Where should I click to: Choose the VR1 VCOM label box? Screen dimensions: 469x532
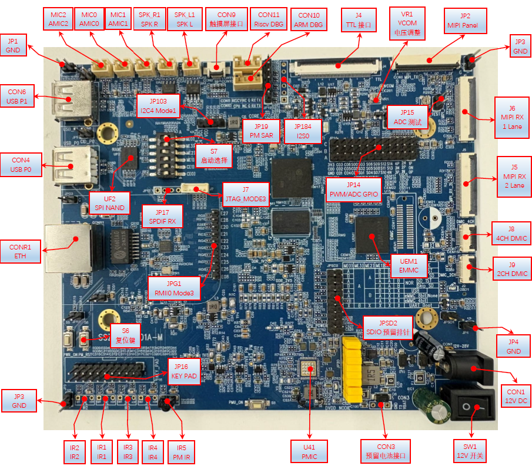(x=406, y=23)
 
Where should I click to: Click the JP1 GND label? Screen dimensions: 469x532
(x=13, y=46)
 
